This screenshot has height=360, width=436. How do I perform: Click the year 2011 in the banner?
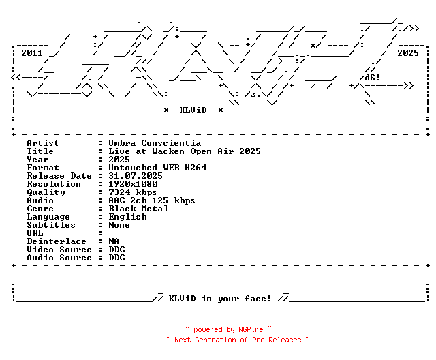pyautogui.click(x=32, y=52)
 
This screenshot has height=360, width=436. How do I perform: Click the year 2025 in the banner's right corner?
pyautogui.click(x=408, y=52)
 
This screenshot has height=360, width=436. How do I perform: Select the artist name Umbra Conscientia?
pyautogui.click(x=155, y=143)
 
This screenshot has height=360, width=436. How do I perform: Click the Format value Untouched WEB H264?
pyautogui.click(x=157, y=168)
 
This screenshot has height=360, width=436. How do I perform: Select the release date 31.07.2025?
pyautogui.click(x=136, y=176)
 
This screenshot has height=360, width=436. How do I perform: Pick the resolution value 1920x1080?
pyautogui.click(x=133, y=184)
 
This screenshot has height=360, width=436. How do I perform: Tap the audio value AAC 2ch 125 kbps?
pyautogui.click(x=152, y=200)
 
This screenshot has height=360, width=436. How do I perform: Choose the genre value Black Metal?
pyautogui.click(x=138, y=209)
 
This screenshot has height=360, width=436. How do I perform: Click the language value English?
pyautogui.click(x=127, y=217)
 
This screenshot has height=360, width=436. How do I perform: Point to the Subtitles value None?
pyautogui.click(x=119, y=225)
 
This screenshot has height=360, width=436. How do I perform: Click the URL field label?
pyautogui.click(x=35, y=233)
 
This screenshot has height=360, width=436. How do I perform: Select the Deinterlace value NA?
pyautogui.click(x=114, y=241)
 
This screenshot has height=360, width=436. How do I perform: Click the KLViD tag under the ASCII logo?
pyautogui.click(x=193, y=110)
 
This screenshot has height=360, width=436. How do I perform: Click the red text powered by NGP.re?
pyautogui.click(x=229, y=329)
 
